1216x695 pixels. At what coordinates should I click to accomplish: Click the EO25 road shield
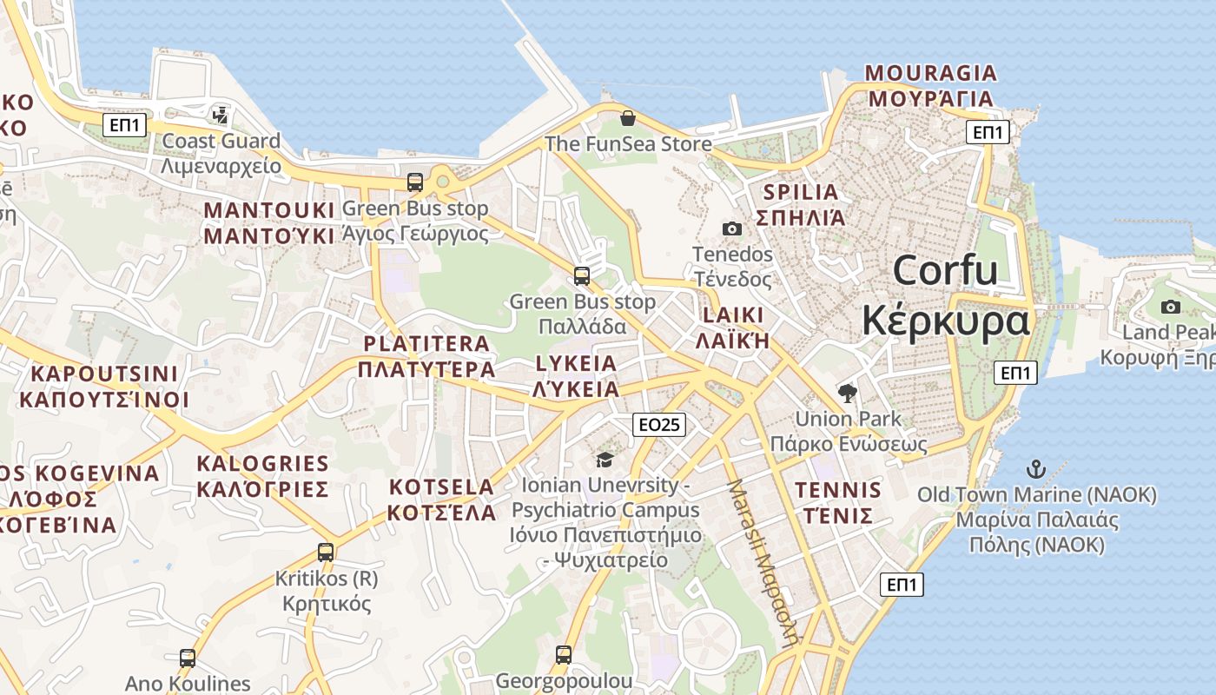coord(659,425)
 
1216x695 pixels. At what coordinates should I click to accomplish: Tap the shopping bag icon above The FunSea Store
coord(627,117)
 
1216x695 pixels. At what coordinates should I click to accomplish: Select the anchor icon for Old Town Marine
coord(1035,470)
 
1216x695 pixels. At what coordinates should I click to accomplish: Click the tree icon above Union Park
coord(847,394)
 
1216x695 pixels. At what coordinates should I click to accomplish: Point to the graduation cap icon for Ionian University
coord(605,459)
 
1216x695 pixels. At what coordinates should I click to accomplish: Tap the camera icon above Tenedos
coord(732,228)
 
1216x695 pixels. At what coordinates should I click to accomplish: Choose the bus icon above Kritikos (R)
coord(326,552)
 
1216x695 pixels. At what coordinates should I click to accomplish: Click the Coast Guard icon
coord(221,114)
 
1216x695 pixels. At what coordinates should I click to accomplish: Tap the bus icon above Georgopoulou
coord(564,654)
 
